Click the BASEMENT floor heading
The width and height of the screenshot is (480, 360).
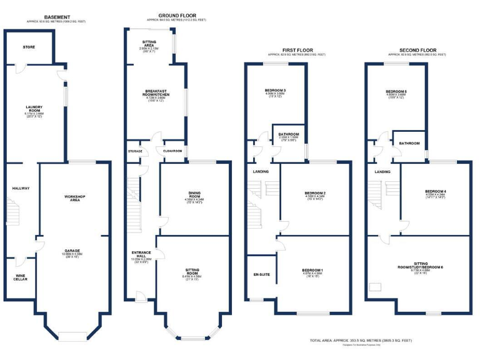pyautogui.click(x=57, y=17)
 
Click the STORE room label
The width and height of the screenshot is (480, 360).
pyautogui.click(x=29, y=47)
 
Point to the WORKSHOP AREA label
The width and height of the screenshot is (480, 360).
pyautogui.click(x=74, y=199)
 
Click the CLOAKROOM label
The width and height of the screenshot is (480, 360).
pyautogui.click(x=172, y=151)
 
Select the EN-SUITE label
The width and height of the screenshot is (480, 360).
pyautogui.click(x=261, y=274)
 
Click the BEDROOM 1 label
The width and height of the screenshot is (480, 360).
pyautogui.click(x=312, y=269)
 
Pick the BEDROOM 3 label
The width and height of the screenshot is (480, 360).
pyautogui.click(x=275, y=91)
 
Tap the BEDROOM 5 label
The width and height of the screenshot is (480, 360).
pyautogui.click(x=397, y=91)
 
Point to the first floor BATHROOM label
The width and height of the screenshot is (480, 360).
pyautogui.click(x=288, y=134)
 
